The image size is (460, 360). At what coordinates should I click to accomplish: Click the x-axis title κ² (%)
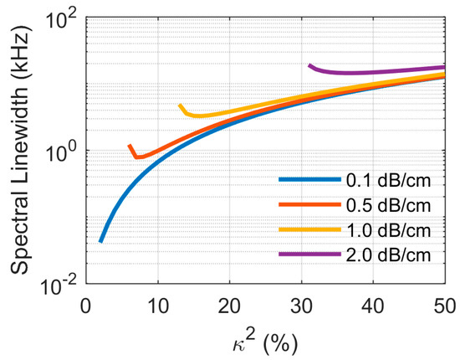[x=264, y=342]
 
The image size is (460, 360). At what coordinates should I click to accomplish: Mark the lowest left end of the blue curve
[x=100, y=241]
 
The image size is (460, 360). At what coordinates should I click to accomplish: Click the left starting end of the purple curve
[x=309, y=64]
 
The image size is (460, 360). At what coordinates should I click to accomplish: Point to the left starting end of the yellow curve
[x=180, y=105]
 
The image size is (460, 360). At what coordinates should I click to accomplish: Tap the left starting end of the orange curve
[x=129, y=146]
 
